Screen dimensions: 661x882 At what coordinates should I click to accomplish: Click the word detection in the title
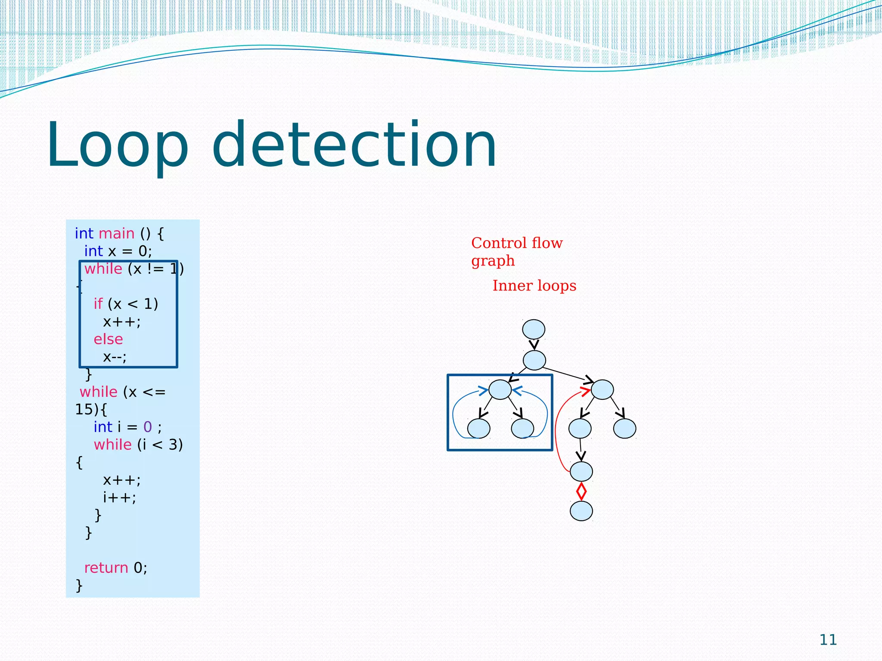pyautogui.click(x=354, y=145)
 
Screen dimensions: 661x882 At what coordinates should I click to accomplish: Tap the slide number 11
pyautogui.click(x=828, y=640)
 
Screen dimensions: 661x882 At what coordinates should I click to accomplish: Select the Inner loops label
pyautogui.click(x=534, y=286)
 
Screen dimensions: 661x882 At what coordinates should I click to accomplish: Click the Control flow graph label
pyautogui.click(x=516, y=252)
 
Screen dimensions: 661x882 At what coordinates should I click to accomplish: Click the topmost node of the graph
pyautogui.click(x=534, y=330)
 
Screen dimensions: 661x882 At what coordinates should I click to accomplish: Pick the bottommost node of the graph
pyautogui.click(x=581, y=511)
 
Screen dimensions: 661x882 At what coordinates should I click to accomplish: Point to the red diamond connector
pyautogui.click(x=581, y=491)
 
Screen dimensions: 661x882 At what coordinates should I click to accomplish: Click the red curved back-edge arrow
pyautogui.click(x=557, y=430)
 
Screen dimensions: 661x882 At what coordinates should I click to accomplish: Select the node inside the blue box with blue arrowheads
pyautogui.click(x=500, y=390)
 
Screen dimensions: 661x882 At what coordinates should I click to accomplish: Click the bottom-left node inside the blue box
pyautogui.click(x=478, y=429)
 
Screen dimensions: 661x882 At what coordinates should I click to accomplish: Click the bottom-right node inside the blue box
pyautogui.click(x=522, y=429)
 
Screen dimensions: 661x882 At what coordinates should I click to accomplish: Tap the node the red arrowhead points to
pyautogui.click(x=602, y=390)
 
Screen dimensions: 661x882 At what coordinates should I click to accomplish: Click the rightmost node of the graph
pyautogui.click(x=624, y=429)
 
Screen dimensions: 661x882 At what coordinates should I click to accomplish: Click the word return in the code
pyautogui.click(x=106, y=568)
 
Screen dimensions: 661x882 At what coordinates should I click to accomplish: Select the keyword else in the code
pyautogui.click(x=108, y=340)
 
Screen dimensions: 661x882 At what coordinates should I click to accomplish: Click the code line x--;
pyautogui.click(x=115, y=357)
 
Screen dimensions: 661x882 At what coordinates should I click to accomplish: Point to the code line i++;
pyautogui.click(x=119, y=498)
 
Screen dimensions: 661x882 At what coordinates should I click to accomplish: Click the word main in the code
pyautogui.click(x=116, y=234)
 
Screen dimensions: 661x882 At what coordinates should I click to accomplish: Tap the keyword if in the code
pyautogui.click(x=98, y=304)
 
